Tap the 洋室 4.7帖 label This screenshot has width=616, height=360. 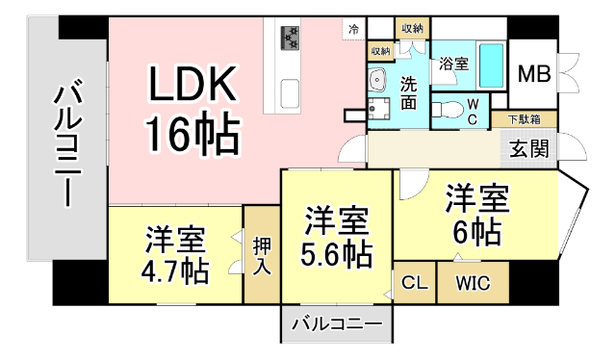click(175, 254)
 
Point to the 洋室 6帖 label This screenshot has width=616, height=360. click(475, 216)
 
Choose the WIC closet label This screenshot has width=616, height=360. click(473, 284)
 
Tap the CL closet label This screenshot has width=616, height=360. click(415, 284)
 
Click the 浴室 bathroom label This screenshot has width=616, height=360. click(453, 64)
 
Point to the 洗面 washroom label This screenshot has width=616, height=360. click(409, 92)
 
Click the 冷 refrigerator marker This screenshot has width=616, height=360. click(354, 30)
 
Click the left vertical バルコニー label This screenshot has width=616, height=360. click(66, 144)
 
